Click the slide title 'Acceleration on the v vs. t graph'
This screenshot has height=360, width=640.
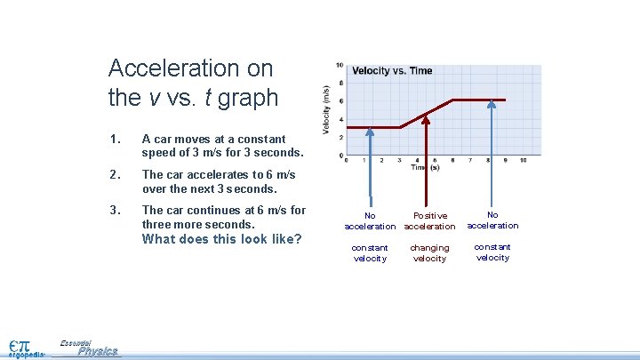[x=193, y=82]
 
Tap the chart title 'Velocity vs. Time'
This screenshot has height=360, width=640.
[x=392, y=71]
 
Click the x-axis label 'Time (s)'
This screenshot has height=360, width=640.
[x=425, y=167]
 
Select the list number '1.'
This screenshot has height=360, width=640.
[x=113, y=139]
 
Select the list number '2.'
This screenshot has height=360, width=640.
[x=113, y=175]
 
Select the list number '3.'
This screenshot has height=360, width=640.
[x=113, y=211]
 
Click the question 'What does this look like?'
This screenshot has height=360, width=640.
[x=222, y=239]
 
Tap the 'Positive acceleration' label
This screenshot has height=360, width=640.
[x=430, y=220]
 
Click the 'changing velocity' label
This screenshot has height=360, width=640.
[x=430, y=252]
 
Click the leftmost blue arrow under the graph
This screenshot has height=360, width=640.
[x=371, y=169]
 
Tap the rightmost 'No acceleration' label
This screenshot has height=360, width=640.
[x=492, y=220]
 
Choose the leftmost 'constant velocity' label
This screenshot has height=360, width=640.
[x=370, y=252]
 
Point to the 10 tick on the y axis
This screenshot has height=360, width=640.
[x=340, y=65]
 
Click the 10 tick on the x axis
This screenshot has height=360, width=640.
[x=523, y=160]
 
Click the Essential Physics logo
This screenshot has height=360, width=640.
[x=89, y=348]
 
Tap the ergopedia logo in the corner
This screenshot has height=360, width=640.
[x=26, y=348]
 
